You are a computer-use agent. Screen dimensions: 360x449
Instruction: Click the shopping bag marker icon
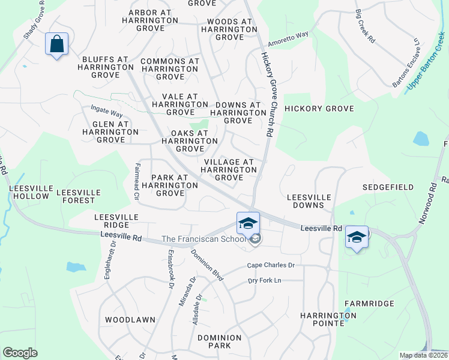pyautogui.click(x=56, y=44)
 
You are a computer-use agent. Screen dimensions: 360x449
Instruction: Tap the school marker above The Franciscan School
pyautogui.click(x=248, y=224)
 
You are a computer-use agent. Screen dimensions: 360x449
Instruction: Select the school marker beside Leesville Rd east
pyautogui.click(x=357, y=237)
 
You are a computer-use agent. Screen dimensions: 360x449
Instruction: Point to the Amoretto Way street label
pyautogui.click(x=288, y=39)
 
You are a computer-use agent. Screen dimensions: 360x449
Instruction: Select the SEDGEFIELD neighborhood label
pyautogui.click(x=388, y=187)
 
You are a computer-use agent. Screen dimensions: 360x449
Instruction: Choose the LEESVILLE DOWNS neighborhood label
pyautogui.click(x=309, y=201)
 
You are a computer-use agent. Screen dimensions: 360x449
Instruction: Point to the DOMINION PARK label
pyautogui.click(x=219, y=342)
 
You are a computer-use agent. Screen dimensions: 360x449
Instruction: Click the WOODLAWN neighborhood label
pyautogui.click(x=130, y=320)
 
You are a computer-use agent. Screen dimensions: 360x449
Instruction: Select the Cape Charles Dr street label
pyautogui.click(x=271, y=265)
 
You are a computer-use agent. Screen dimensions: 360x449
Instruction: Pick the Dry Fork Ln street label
pyautogui.click(x=273, y=281)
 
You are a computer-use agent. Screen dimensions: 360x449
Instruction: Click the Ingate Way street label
pyautogui.click(x=106, y=111)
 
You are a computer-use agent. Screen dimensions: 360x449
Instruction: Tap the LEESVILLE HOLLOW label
pyautogui.click(x=29, y=192)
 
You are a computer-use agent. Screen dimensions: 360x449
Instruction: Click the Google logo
pyautogui.click(x=20, y=353)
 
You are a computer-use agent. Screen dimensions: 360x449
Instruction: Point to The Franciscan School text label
pyautogui.click(x=205, y=239)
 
